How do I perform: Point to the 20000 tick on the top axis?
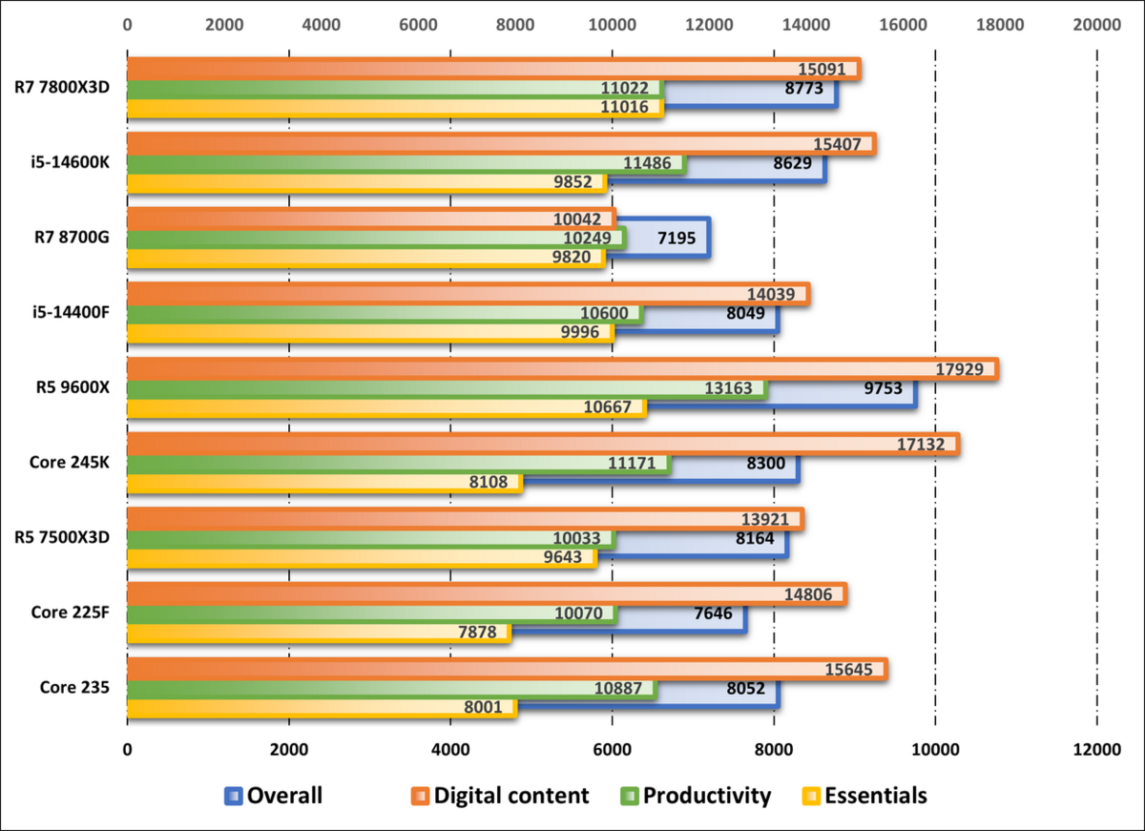1095,26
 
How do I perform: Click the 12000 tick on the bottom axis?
1095,751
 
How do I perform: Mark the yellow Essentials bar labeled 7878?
315,633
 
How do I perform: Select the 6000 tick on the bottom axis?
612,751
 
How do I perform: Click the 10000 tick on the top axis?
612,26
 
